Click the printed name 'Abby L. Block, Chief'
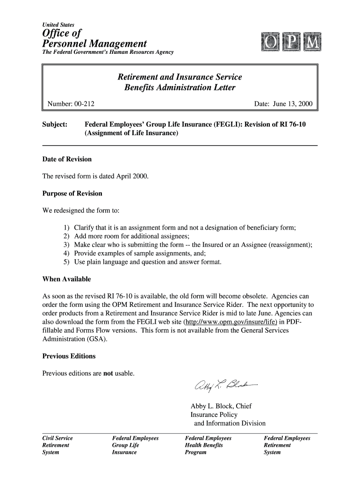(221, 406)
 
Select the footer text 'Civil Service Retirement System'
(58, 445)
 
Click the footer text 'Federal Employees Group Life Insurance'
(135, 445)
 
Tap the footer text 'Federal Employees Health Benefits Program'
(208, 445)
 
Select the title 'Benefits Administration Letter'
(180, 88)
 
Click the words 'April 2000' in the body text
(130, 176)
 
